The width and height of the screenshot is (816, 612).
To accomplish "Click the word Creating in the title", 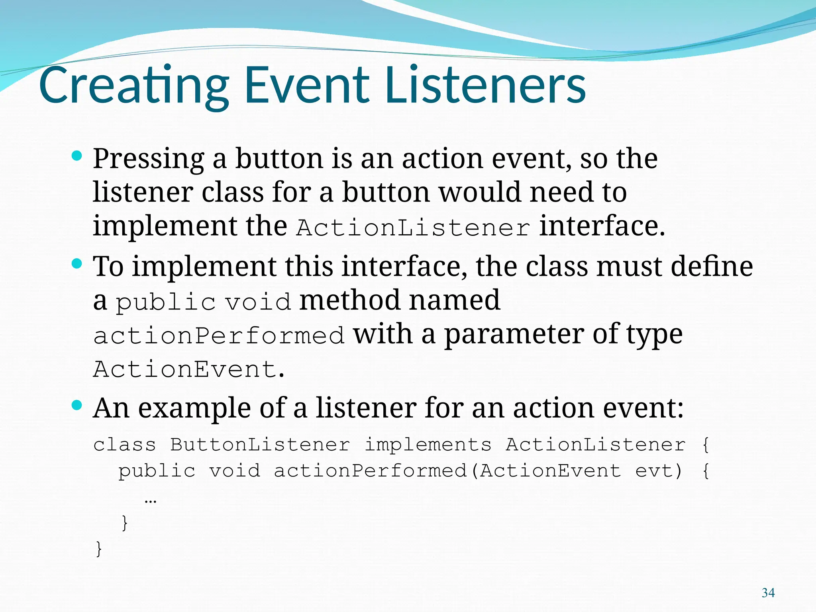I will point(134,86).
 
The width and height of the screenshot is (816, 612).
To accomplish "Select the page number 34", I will point(768,593).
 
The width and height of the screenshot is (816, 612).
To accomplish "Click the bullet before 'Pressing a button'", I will point(76,155).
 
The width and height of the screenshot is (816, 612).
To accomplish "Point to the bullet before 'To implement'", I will point(76,263).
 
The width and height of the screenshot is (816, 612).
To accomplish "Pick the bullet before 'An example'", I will point(76,405).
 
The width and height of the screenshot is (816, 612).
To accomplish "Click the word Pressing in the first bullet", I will point(148,159).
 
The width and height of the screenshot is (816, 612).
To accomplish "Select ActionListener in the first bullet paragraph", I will point(413,228).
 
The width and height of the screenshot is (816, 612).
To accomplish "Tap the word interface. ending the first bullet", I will point(602,226).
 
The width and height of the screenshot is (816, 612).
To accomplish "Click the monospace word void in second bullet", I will point(258,302).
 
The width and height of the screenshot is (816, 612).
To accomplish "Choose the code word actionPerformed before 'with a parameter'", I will point(218,335).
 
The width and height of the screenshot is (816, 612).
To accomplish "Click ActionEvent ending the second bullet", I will point(185,369).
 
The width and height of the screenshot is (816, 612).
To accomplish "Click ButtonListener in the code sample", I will point(260,445).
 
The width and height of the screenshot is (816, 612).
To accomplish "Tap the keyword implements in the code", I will point(428,445).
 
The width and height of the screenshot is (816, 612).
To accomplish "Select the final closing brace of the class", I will point(99,549).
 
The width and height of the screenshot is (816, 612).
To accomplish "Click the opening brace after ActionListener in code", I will point(706,445).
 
